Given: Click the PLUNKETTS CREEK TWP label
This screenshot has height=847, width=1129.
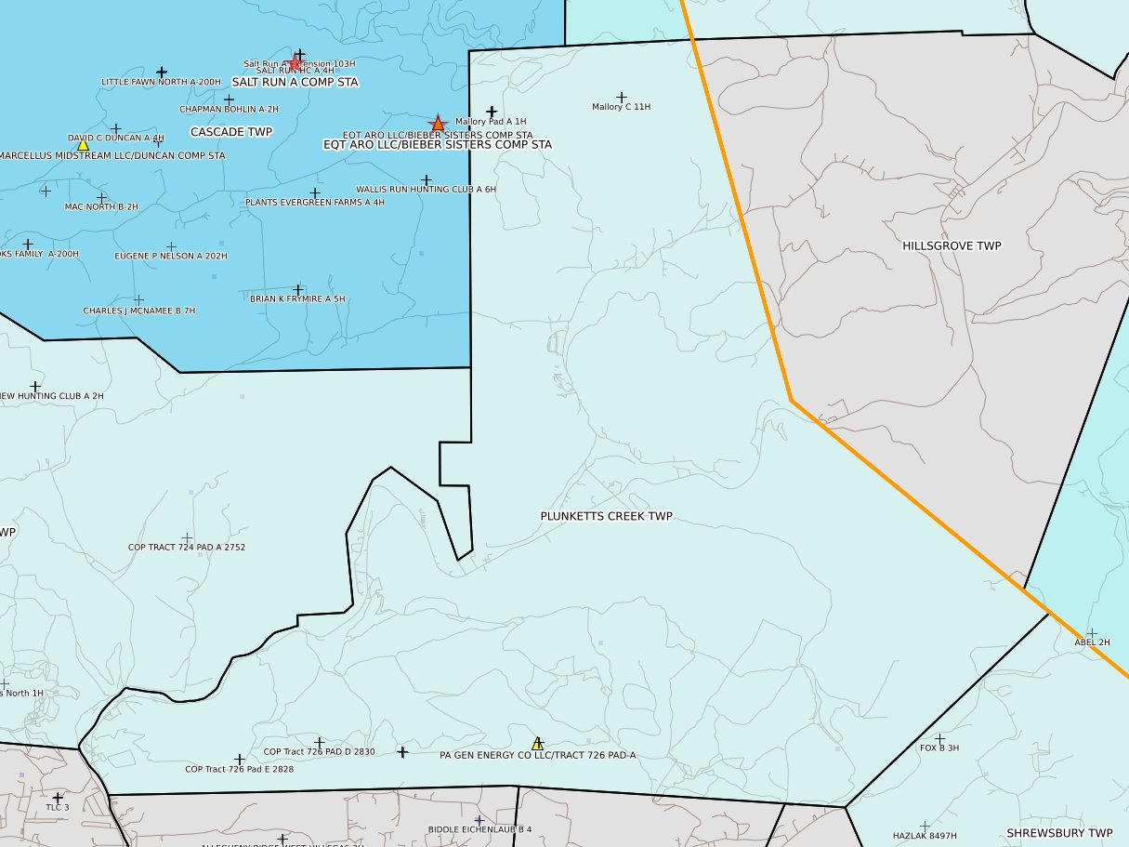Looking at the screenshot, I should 606,516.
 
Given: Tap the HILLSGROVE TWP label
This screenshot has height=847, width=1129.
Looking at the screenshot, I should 952,245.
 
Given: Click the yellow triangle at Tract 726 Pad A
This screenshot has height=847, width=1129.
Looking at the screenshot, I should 537,744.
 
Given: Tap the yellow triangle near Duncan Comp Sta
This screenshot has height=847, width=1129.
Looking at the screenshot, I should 83,145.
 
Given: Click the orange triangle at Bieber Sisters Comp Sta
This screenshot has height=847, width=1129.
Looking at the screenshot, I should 438,124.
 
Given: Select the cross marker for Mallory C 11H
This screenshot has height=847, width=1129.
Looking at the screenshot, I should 622,97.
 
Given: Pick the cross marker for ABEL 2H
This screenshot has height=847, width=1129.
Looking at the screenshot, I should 1092,633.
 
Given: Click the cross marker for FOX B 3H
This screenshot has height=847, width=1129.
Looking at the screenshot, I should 939,738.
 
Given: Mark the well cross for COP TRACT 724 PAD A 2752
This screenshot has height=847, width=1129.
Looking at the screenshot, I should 187,538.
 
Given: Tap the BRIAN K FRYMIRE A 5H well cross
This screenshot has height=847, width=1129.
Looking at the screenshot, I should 298,290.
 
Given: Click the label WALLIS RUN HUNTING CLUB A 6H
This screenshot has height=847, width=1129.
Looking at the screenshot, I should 426,190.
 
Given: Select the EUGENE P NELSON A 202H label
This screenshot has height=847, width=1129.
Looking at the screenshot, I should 171,256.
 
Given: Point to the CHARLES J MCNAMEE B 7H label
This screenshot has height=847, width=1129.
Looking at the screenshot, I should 139,311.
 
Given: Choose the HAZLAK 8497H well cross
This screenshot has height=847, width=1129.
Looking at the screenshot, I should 925,826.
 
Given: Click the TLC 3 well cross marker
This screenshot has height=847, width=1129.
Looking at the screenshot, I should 58,798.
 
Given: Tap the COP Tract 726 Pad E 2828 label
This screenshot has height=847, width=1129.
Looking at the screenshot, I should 239,770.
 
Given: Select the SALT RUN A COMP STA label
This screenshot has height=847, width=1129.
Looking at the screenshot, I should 295,82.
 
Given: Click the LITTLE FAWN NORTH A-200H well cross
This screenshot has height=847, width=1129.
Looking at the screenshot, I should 162,72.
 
